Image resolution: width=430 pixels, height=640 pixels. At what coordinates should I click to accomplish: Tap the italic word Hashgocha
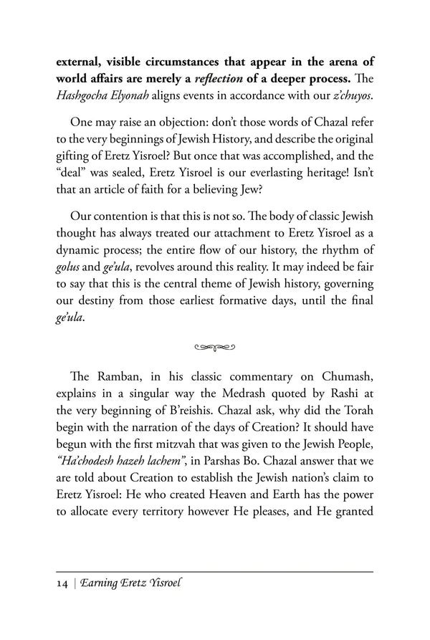point(84,96)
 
